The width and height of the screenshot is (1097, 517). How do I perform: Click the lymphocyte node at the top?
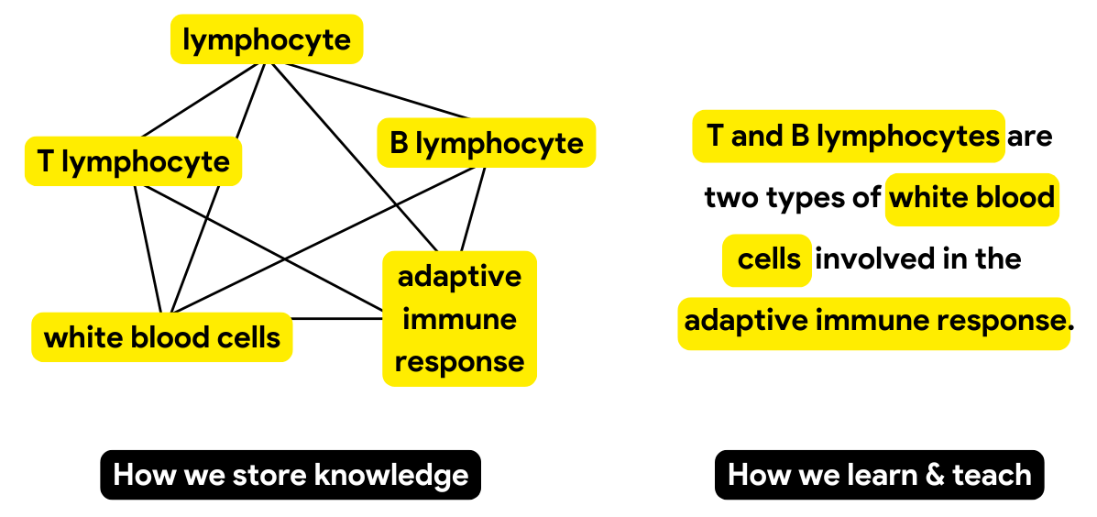point(267,39)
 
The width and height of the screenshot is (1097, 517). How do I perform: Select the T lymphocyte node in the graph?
point(134,161)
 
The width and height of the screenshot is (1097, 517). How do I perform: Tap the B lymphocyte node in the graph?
point(487,143)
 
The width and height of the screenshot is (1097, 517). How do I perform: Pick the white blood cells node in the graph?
point(162,337)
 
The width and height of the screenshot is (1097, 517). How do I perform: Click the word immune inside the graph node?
point(459,319)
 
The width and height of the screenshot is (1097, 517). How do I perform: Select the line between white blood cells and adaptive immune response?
point(337,319)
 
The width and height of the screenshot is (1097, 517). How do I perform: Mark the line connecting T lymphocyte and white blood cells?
point(148,248)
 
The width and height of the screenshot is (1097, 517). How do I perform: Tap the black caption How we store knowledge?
point(291,475)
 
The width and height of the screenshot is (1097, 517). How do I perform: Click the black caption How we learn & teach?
point(879,475)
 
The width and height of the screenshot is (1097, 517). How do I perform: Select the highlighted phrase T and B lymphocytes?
point(849,137)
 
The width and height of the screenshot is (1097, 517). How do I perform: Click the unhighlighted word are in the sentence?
point(1030,137)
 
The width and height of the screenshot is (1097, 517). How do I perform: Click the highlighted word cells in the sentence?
point(768,259)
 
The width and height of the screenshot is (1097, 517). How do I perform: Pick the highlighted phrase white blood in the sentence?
point(972,197)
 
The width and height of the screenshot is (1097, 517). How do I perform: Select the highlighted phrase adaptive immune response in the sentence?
point(873,322)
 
